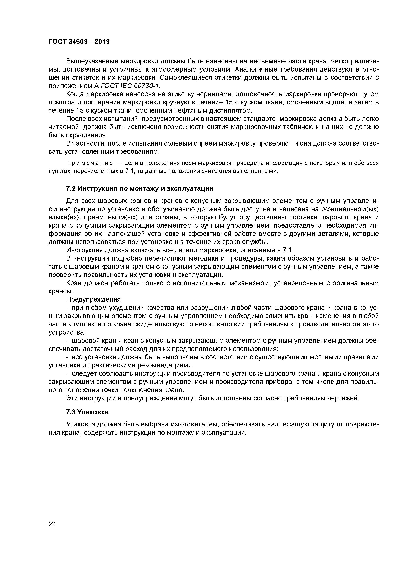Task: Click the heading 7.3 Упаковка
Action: tap(87, 412)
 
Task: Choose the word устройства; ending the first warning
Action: tap(67, 332)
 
